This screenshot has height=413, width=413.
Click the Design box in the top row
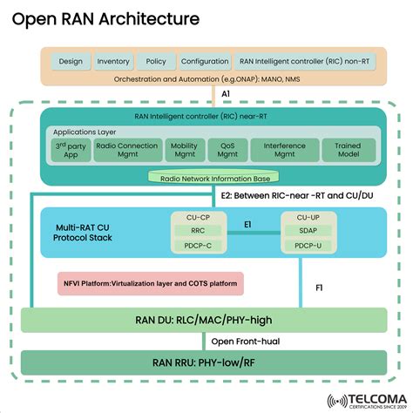pyautogui.click(x=70, y=62)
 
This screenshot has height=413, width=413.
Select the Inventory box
pyautogui.click(x=113, y=62)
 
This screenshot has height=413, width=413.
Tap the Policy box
pyautogui.click(x=155, y=62)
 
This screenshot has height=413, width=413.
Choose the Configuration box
pyautogui.click(x=204, y=62)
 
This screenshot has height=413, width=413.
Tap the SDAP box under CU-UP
pyautogui.click(x=308, y=232)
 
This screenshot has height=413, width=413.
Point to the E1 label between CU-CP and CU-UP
pyautogui.click(x=247, y=225)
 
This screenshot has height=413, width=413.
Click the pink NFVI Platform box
pyautogui.click(x=145, y=283)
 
